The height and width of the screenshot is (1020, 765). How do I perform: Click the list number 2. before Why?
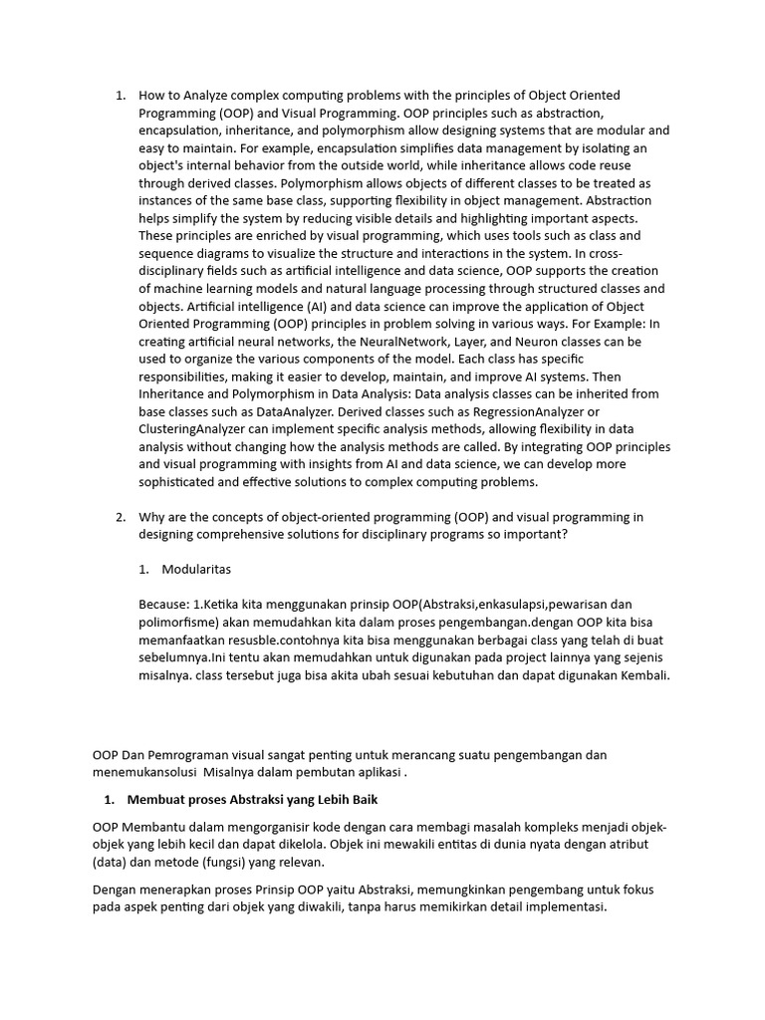pyautogui.click(x=120, y=517)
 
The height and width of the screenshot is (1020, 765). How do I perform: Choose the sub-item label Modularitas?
pyautogui.click(x=196, y=569)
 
